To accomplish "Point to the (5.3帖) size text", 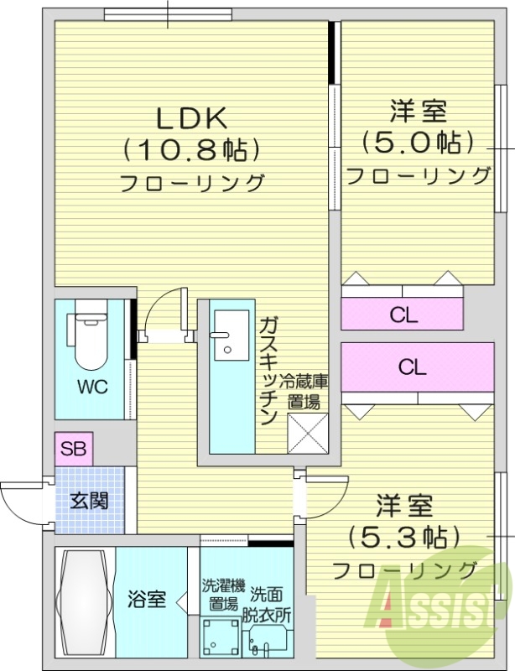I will click(405, 537).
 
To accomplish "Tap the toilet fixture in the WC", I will click(91, 340).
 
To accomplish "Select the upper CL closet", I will click(403, 315).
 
